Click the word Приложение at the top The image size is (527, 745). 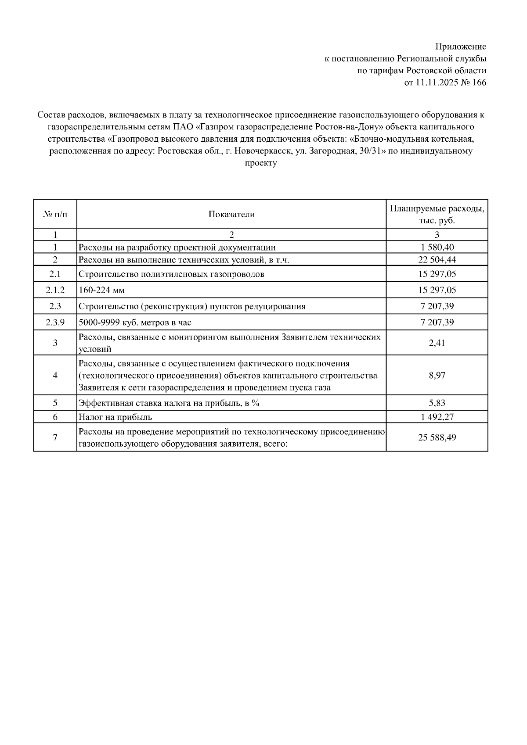[460, 47]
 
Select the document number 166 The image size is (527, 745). [479, 82]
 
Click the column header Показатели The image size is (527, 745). [231, 214]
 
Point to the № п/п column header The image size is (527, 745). [55, 214]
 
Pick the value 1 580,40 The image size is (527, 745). [437, 247]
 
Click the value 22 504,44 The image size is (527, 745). [437, 260]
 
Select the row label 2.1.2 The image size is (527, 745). [55, 290]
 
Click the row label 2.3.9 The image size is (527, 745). [55, 322]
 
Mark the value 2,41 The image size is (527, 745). [437, 343]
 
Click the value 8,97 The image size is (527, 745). [437, 376]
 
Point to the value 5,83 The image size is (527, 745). [437, 403]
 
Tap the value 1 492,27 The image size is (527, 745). [437, 417]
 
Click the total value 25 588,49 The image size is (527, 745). [437, 437]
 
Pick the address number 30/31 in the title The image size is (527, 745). [369, 151]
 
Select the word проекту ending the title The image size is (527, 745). [260, 163]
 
